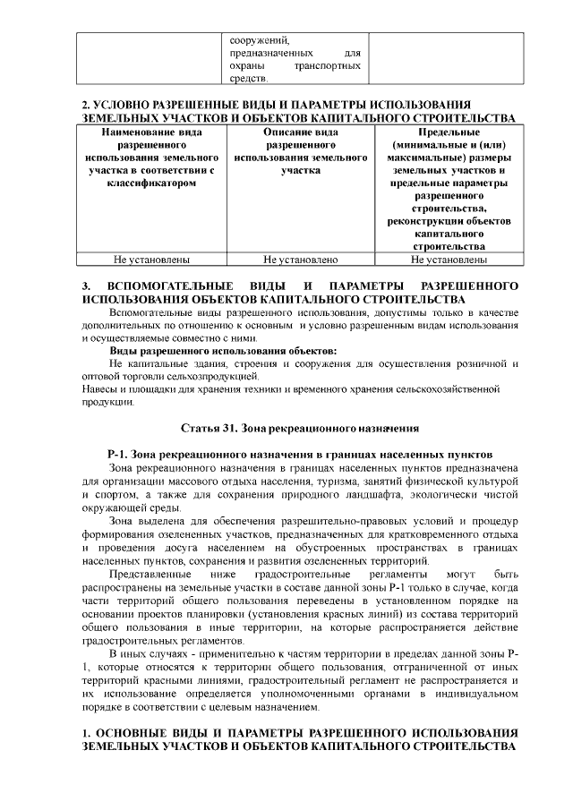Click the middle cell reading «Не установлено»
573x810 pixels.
pos(300,260)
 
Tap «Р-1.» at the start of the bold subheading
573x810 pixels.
pos(120,455)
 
